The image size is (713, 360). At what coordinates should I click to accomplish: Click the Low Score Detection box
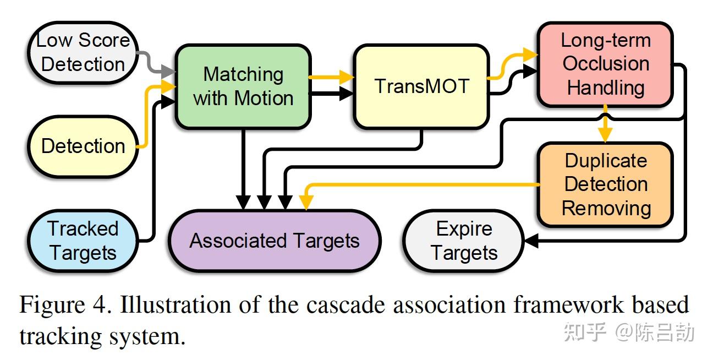point(83,52)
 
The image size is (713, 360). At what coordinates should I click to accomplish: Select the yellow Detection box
point(83,146)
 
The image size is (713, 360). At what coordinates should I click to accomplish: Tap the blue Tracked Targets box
point(83,241)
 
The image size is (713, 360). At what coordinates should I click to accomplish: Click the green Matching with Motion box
point(243,86)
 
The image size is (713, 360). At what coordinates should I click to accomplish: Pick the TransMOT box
point(421,86)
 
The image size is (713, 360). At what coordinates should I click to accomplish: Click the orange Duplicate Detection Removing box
point(605,184)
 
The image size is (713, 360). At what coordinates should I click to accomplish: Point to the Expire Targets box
point(464,241)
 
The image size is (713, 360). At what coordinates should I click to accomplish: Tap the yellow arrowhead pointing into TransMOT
point(347,78)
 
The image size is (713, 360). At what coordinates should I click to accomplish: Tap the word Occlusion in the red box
point(605,64)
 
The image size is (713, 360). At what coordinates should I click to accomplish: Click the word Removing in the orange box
point(606,208)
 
